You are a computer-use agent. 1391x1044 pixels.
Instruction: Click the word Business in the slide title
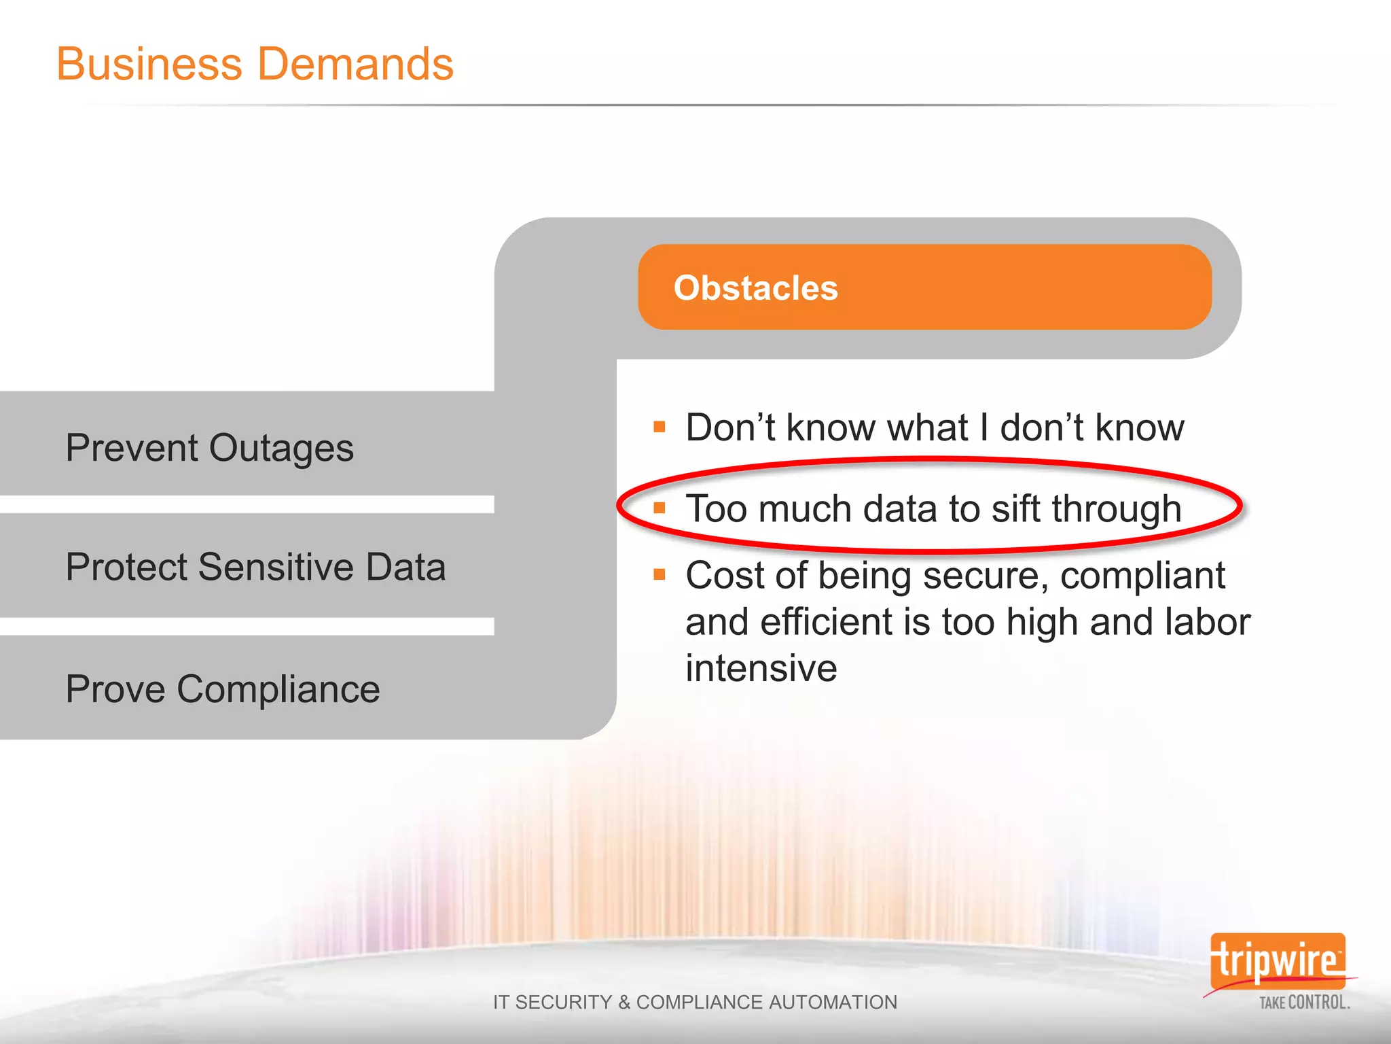[x=149, y=64]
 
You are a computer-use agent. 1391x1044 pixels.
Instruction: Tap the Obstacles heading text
[x=755, y=288]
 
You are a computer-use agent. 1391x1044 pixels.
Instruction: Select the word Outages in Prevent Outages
[x=281, y=449]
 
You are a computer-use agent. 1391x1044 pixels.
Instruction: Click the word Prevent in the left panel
[x=132, y=448]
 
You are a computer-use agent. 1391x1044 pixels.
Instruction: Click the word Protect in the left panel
[x=126, y=567]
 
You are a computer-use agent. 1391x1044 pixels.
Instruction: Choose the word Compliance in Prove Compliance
[x=278, y=689]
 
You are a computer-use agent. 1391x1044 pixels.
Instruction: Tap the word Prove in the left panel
[x=115, y=689]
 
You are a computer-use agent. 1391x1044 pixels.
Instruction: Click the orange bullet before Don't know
[x=659, y=427]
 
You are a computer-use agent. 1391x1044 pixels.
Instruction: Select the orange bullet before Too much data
[x=659, y=508]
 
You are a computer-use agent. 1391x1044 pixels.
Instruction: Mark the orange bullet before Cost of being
[x=659, y=575]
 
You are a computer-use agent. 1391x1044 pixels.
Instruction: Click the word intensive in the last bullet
[x=761, y=668]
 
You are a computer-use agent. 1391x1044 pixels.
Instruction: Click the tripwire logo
[x=1277, y=961]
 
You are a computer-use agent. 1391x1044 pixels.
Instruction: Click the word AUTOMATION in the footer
[x=833, y=1002]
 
